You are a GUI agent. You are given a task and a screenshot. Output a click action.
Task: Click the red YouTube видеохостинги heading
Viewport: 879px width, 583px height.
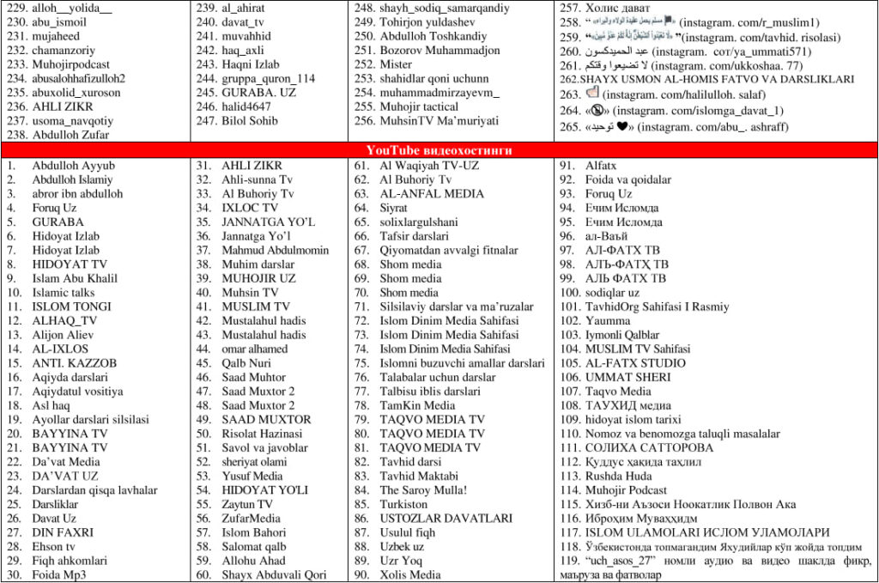(x=439, y=150)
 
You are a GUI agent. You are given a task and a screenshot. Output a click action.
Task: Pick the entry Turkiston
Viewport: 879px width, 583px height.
(x=403, y=504)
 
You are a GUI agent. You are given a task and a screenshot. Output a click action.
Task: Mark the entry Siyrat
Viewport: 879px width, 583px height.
(x=394, y=208)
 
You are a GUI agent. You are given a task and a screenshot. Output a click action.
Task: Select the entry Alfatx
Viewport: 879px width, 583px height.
(x=601, y=166)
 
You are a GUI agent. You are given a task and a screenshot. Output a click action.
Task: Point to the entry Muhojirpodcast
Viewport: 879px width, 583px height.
(x=71, y=64)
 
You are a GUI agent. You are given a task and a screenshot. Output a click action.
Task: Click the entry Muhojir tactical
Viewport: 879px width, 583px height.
(x=420, y=106)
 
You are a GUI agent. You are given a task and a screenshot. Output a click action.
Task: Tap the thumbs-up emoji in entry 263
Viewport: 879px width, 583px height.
(x=595, y=94)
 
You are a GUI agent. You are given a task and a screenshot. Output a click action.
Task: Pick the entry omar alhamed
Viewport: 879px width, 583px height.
(x=255, y=349)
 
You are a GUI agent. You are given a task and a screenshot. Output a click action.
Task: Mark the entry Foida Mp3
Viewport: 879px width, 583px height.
(x=59, y=574)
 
